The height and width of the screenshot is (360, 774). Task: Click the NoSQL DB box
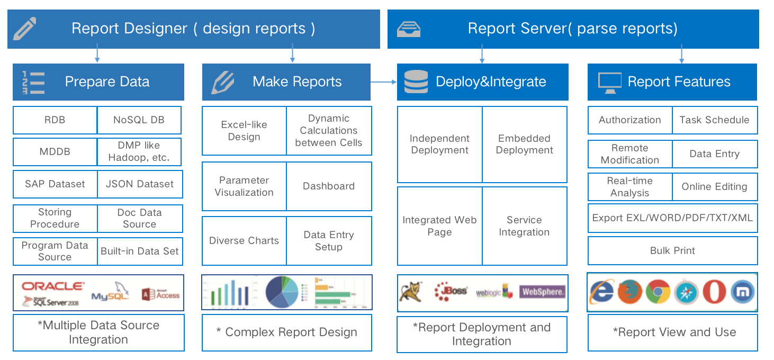click(139, 120)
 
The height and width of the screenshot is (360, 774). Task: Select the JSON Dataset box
click(140, 184)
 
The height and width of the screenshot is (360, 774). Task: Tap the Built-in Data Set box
click(140, 251)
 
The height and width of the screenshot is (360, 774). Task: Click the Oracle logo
click(53, 286)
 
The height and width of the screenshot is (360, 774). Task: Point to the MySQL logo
click(110, 295)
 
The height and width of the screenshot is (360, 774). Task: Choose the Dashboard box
click(329, 186)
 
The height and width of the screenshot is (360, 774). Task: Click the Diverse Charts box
click(244, 241)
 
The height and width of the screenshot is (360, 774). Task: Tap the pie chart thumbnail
click(282, 292)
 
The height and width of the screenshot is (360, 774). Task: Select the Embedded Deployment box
click(524, 145)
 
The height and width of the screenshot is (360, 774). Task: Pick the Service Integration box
click(524, 226)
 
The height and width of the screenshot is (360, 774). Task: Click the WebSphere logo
click(543, 292)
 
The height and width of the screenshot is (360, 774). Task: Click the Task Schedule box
click(714, 120)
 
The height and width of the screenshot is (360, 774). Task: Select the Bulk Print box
click(672, 251)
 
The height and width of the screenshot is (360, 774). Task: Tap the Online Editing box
click(714, 187)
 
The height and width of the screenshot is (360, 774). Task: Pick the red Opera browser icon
click(714, 292)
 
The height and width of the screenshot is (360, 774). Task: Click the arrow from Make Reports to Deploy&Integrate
click(383, 82)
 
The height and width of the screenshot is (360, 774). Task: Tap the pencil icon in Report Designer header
click(25, 29)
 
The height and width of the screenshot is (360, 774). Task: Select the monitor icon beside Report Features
click(609, 82)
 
